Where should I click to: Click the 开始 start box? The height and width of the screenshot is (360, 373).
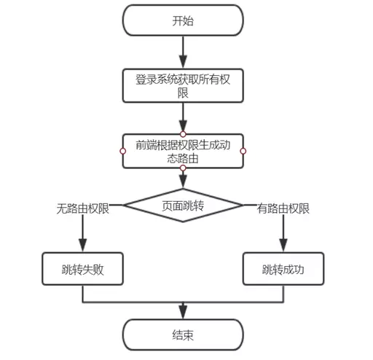click(183, 20)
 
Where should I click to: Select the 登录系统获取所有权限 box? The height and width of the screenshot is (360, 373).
click(183, 87)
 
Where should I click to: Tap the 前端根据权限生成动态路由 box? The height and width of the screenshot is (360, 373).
click(183, 151)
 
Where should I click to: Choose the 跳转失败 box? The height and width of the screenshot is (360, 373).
click(82, 269)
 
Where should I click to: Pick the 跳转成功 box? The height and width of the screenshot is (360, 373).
click(282, 269)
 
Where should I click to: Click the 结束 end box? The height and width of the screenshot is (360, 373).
click(183, 335)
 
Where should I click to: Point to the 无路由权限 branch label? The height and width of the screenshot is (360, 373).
click(83, 208)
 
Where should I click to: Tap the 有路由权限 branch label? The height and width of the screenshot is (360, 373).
click(283, 208)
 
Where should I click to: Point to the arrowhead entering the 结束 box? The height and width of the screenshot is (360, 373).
click(183, 314)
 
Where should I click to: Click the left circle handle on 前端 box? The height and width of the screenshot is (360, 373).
click(122, 151)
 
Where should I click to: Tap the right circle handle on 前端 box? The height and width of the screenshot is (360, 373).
click(243, 151)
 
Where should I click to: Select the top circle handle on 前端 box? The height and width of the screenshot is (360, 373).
click(183, 134)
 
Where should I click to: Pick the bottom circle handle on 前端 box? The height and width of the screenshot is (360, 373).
click(183, 168)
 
